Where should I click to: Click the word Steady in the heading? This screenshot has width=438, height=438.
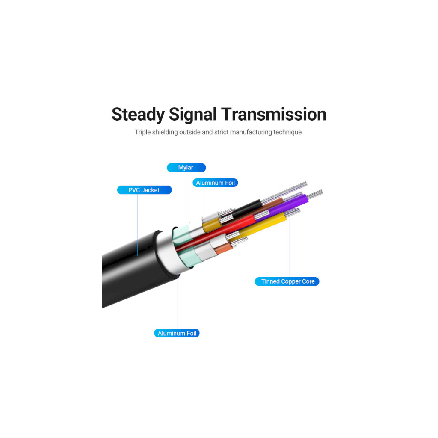coord(138,115)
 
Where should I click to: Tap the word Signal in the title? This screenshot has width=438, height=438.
coord(193,115)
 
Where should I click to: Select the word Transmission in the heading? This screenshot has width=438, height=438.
coord(274,114)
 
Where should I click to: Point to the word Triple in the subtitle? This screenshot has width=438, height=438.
coord(143,132)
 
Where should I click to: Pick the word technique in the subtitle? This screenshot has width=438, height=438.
coord(287,132)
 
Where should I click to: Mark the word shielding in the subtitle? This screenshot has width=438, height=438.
coord(165,132)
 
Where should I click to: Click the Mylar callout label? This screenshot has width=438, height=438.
coord(186,168)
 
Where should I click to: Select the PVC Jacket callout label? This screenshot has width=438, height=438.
coord(145,190)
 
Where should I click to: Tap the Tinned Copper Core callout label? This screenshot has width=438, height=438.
coord(287,281)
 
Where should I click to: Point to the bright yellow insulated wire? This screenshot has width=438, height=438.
coord(263,223)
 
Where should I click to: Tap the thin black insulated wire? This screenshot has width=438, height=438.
coord(246,208)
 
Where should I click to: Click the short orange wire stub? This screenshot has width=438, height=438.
coord(223,248)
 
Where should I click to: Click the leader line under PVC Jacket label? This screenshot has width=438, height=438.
coord(137,225)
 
